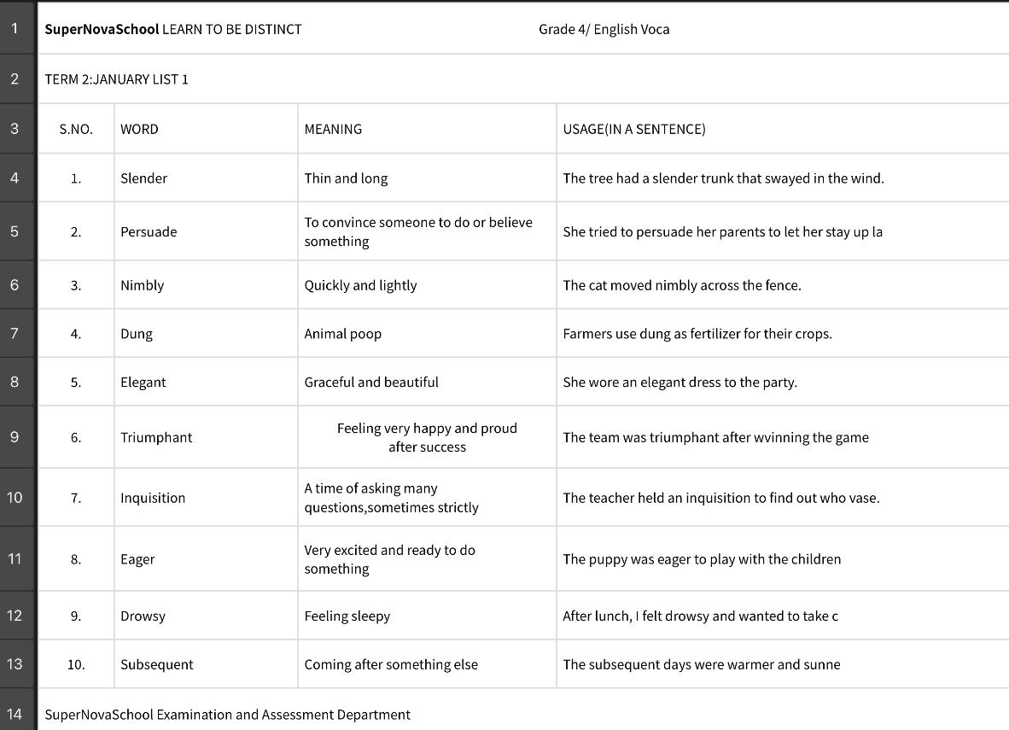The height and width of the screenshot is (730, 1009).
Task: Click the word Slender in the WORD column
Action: point(143,178)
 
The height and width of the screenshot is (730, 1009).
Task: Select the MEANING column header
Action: point(333,129)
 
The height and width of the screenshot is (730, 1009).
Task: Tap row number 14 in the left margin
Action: point(15,714)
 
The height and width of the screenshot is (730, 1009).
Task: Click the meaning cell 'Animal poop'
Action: point(342,334)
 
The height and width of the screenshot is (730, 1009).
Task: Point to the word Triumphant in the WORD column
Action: point(156,437)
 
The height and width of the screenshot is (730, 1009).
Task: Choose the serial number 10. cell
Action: point(76,664)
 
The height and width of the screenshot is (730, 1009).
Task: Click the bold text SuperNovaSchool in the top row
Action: point(102,29)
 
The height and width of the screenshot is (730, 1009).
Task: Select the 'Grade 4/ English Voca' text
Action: point(604,29)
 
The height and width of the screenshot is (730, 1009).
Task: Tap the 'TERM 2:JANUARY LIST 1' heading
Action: point(116,79)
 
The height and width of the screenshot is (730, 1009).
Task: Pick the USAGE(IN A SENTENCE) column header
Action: point(633,129)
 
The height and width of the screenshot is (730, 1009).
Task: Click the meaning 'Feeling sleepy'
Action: point(347,616)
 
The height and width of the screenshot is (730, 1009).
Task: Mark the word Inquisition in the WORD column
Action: point(152,498)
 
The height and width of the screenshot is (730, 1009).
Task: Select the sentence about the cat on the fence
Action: point(681,285)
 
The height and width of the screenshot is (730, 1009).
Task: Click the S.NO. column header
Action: point(76,129)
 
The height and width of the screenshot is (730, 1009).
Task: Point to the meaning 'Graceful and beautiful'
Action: point(371,383)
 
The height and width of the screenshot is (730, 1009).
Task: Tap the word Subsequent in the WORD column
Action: point(156,664)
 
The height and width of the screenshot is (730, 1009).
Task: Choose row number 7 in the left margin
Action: point(15,333)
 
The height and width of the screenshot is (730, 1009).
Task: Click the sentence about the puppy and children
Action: point(701,559)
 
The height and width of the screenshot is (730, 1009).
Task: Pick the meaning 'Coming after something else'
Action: point(391,664)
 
